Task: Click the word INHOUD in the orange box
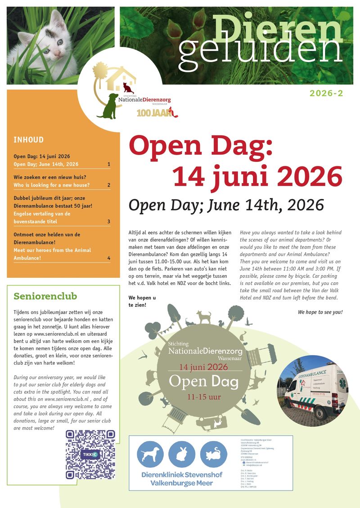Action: tap(29, 140)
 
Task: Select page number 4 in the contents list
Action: tap(109, 258)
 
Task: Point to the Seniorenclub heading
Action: tap(45, 296)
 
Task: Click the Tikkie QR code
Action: tap(90, 454)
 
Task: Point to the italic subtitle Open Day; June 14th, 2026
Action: tap(226, 205)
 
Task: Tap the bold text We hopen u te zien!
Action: tap(142, 301)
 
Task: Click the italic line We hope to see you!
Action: tap(320, 312)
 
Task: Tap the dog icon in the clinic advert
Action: tap(150, 454)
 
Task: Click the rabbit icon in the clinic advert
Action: tap(182, 454)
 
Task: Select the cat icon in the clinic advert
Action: tap(213, 454)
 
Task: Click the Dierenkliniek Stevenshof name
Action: tap(180, 474)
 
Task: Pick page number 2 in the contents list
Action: tap(109, 185)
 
